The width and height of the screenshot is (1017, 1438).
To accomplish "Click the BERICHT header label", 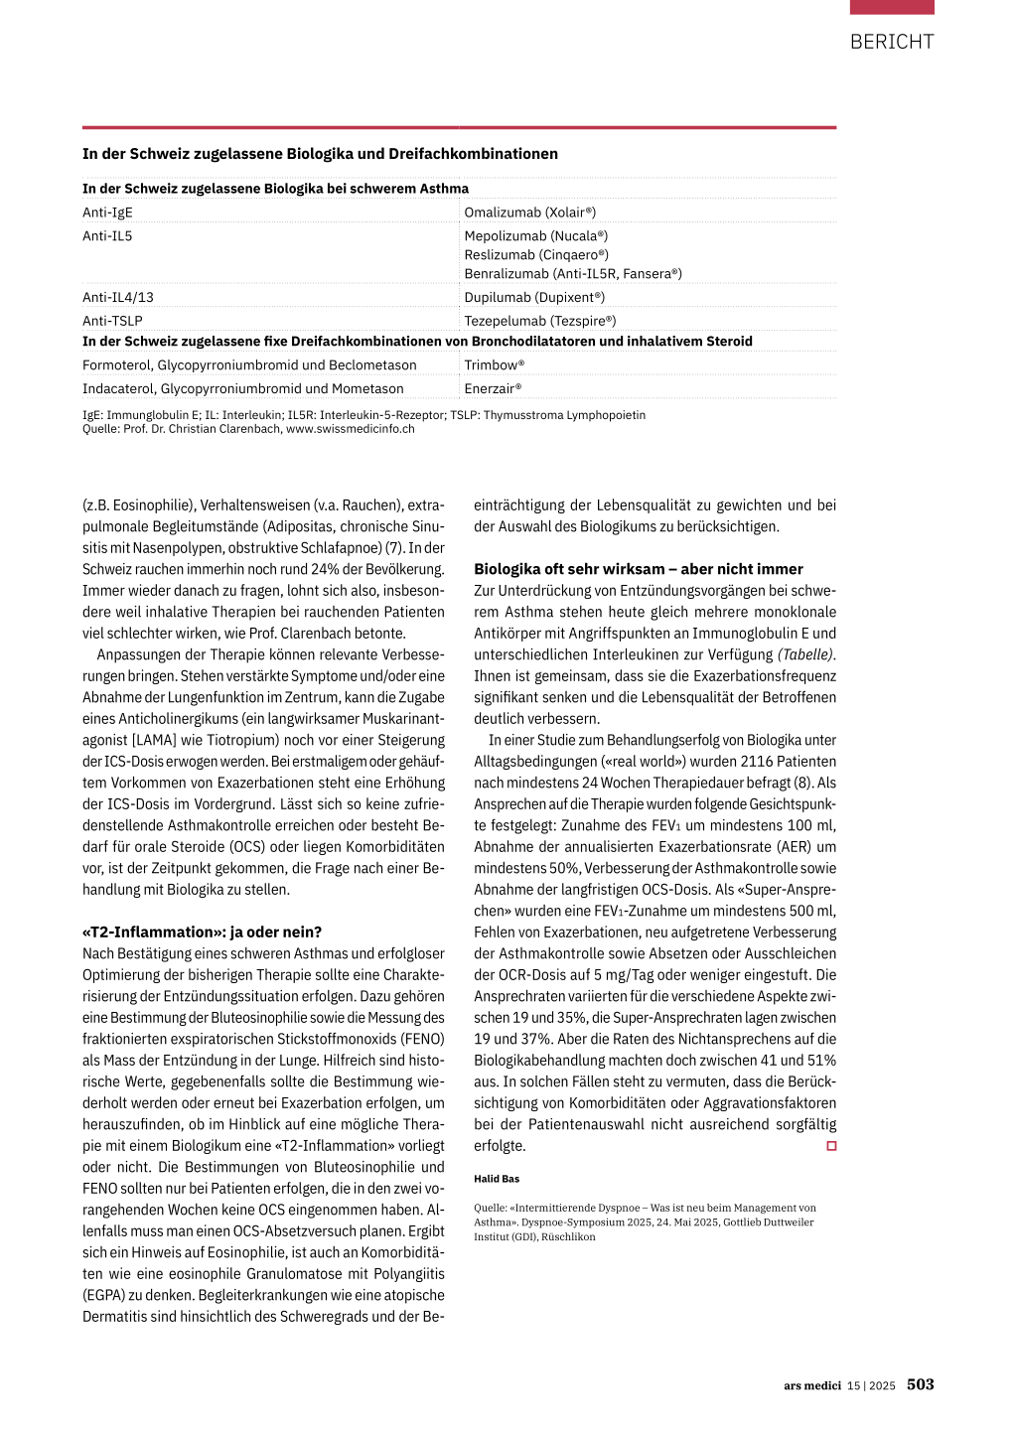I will pos(892,42).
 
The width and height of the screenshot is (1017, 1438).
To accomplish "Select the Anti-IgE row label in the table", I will pos(107,213).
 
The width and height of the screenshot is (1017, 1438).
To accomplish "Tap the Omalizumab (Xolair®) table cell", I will pos(530,213).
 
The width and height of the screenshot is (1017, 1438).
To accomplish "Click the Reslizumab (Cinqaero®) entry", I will pos(536,255).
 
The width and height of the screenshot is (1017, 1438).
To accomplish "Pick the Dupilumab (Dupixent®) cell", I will pos(534,297).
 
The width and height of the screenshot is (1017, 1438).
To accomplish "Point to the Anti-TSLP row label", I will pos(112,321).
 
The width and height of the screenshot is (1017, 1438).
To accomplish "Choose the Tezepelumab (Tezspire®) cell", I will pos(540,321).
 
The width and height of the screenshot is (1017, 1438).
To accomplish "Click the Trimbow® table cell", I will pos(495,365).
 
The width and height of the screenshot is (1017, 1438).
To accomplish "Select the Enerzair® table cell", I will pos(493,389).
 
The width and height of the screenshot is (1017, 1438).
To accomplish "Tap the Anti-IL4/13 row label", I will pos(118,297).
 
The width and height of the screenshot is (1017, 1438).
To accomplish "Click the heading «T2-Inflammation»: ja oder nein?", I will pos(202,932).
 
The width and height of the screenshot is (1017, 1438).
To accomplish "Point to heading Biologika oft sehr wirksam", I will pos(639,569).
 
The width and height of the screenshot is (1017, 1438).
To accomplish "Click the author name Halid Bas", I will pos(497,1179).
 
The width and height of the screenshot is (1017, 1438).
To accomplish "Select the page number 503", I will pos(920,1384).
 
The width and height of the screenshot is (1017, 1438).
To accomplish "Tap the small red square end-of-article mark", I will pos(831,1146).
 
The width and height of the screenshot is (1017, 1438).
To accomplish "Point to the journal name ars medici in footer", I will pos(812,1385).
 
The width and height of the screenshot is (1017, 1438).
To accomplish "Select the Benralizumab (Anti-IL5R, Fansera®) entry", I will pos(573,274).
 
